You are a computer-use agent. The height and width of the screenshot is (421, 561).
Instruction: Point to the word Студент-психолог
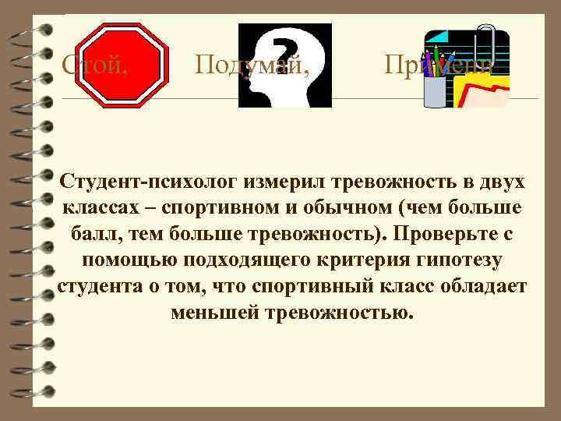pos(150,182)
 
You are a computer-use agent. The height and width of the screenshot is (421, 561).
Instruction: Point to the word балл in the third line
pos(95,234)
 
